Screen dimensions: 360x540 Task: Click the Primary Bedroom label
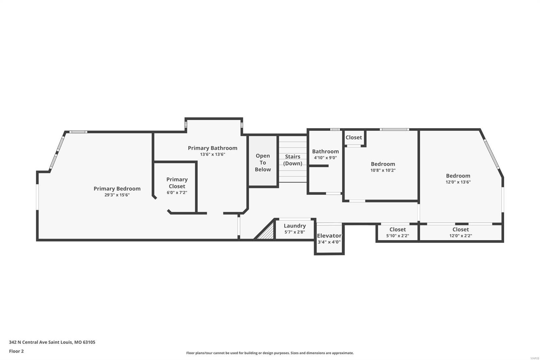click(117, 188)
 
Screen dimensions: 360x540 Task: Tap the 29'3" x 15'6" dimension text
click(117, 195)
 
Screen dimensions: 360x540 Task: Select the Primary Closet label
click(177, 183)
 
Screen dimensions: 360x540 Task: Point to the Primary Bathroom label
click(212, 148)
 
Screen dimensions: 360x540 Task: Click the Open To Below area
click(263, 162)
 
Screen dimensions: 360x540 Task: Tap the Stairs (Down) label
click(293, 160)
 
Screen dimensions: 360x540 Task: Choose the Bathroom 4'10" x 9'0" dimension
click(325, 158)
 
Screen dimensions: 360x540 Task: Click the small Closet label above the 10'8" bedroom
click(353, 137)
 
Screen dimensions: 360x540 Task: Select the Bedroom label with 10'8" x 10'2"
click(383, 164)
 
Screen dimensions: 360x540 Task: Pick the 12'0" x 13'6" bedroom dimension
click(458, 182)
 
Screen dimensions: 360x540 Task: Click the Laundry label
click(295, 226)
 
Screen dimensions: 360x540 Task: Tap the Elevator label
click(329, 236)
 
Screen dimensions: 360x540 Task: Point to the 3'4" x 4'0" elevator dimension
click(329, 242)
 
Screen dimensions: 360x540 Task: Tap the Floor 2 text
click(16, 351)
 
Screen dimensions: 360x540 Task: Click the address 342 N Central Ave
click(52, 342)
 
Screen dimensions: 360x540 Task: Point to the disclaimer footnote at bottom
click(270, 353)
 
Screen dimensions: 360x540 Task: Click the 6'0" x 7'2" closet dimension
click(177, 192)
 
